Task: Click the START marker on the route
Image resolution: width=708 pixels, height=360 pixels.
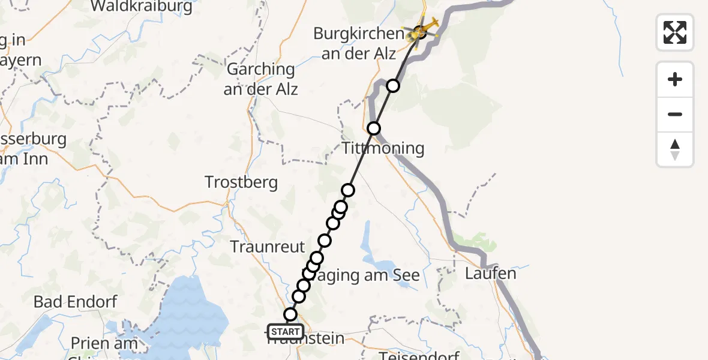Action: (x=286, y=332)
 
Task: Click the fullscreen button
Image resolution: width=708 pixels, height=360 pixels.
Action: (x=675, y=32)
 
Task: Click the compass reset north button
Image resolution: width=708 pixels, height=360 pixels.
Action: (x=675, y=149)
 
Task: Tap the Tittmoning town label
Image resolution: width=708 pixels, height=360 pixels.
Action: (x=383, y=148)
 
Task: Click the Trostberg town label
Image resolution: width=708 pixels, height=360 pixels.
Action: (x=241, y=182)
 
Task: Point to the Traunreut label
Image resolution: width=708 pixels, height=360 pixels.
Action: (x=268, y=246)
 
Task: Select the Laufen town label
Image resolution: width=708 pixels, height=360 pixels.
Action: (x=490, y=274)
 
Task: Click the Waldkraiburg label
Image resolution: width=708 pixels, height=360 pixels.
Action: (x=142, y=7)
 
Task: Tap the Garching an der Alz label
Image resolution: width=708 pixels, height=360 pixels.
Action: (x=261, y=79)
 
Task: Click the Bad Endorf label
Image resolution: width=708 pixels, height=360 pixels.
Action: (x=76, y=302)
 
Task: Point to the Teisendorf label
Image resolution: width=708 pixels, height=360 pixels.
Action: (x=419, y=356)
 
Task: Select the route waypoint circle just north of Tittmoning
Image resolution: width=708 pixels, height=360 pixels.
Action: (x=374, y=128)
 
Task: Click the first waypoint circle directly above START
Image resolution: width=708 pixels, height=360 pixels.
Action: (x=290, y=314)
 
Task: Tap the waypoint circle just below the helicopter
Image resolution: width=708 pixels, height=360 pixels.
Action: (x=393, y=86)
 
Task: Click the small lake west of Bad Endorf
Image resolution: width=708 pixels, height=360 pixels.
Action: (x=43, y=327)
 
